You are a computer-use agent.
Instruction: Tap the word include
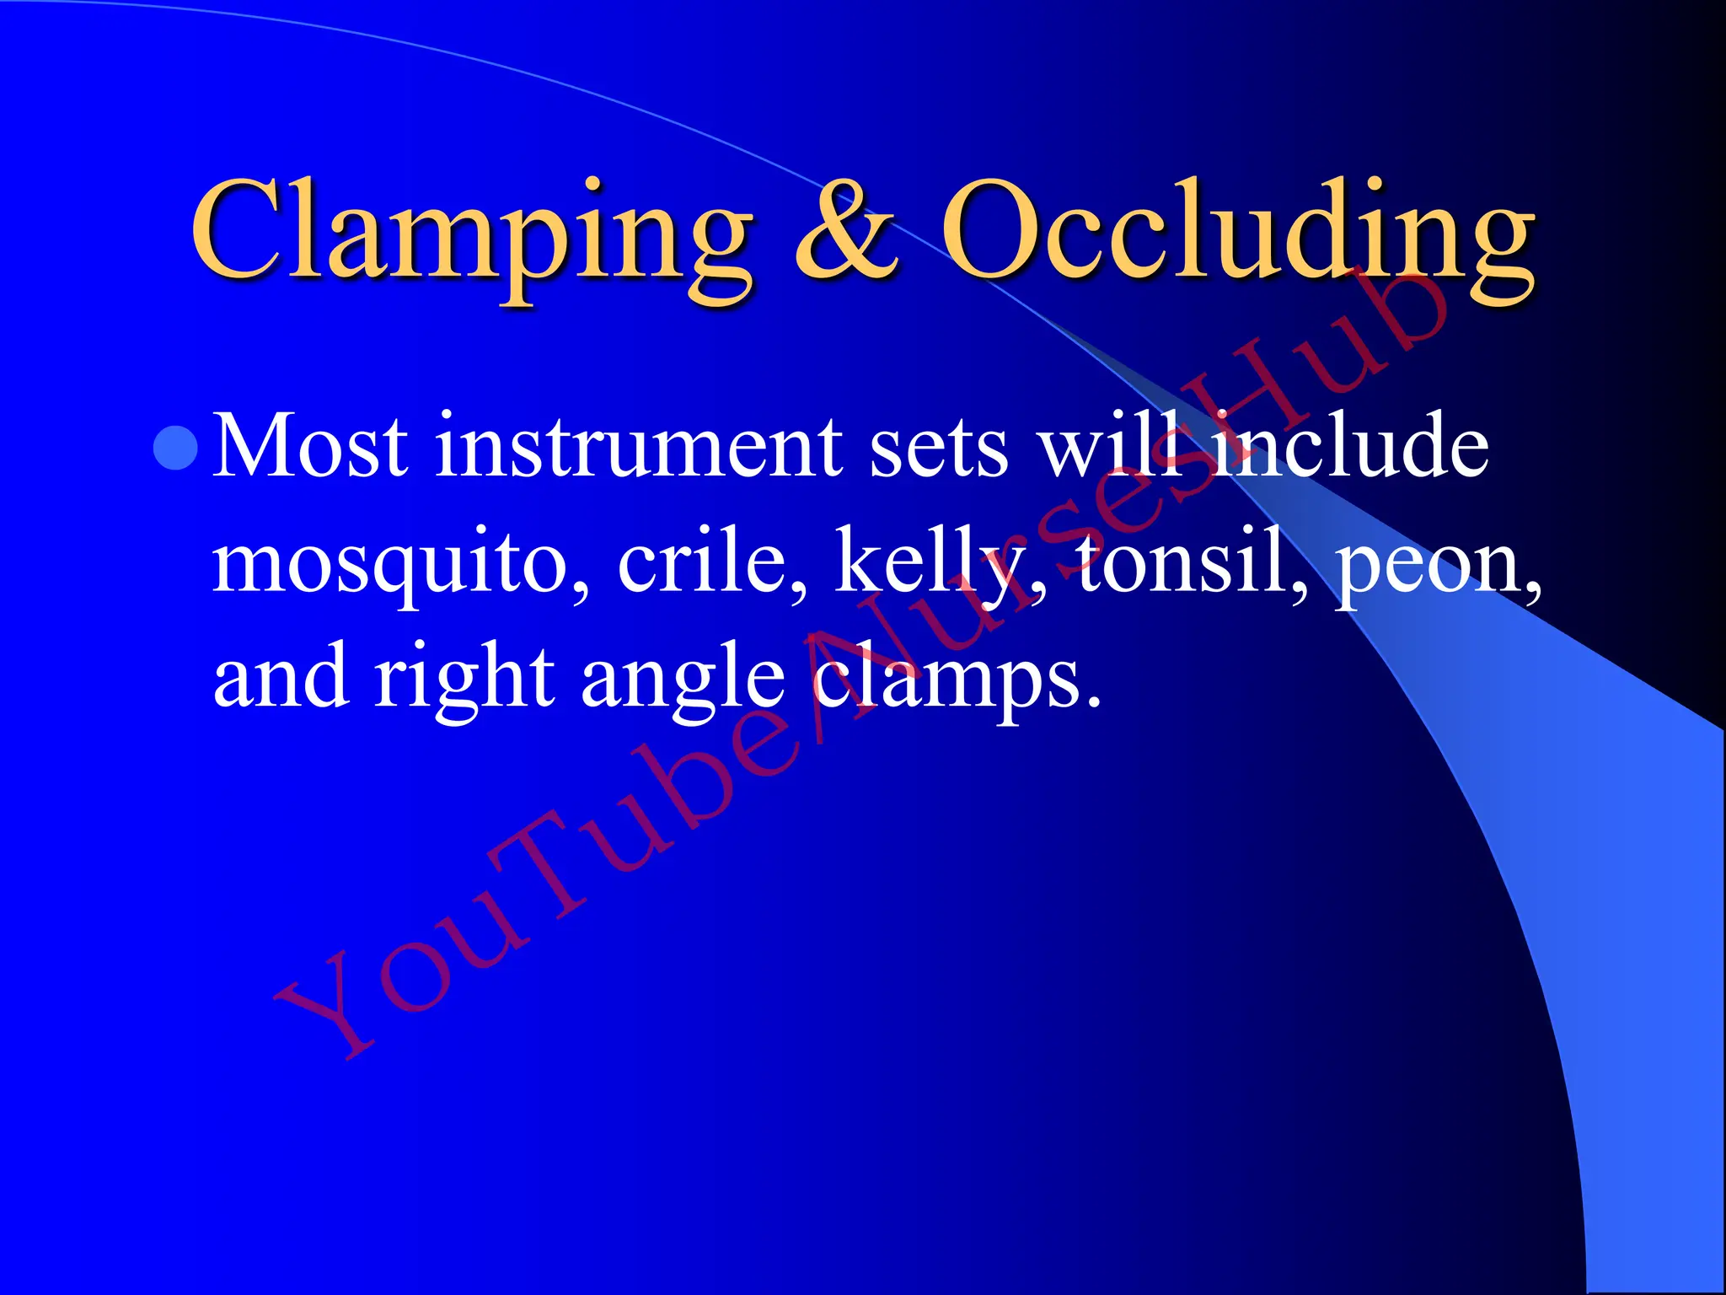click(x=1348, y=447)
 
